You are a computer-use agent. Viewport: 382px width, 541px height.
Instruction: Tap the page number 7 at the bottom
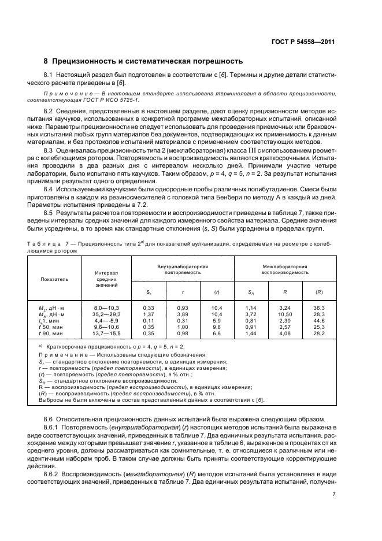click(334, 494)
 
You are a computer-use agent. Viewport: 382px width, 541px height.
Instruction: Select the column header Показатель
click(54, 279)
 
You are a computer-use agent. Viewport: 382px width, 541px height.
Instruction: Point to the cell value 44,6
click(318, 320)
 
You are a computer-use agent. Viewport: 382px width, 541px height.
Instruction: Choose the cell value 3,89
click(183, 314)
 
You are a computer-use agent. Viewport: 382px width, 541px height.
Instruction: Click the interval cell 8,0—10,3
click(106, 309)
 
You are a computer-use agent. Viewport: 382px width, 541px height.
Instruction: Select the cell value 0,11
click(148, 320)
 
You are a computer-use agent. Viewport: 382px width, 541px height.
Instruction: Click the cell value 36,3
click(318, 309)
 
